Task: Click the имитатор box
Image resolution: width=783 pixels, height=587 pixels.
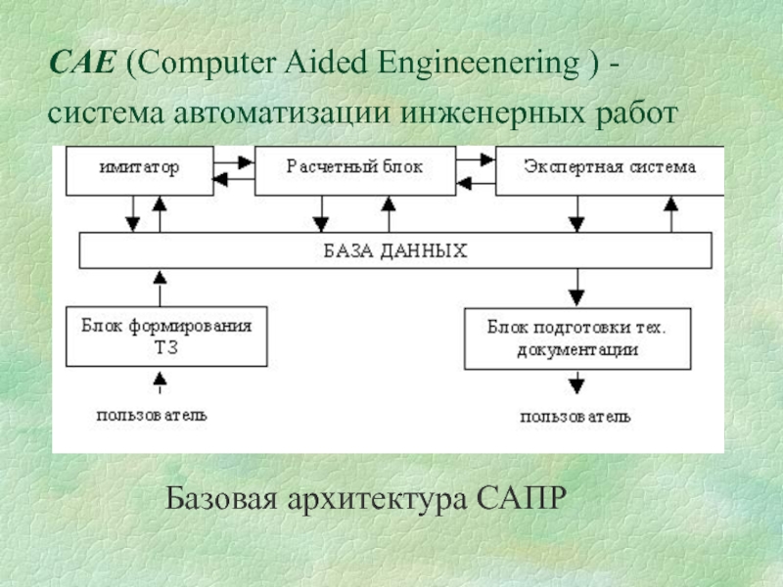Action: (x=138, y=169)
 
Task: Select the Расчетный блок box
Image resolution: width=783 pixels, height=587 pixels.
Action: (x=354, y=168)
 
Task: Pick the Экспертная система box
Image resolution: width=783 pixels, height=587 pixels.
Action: (x=609, y=168)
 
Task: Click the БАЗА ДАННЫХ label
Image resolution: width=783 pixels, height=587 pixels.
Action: (x=395, y=251)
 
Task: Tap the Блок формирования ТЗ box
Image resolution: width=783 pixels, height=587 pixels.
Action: (x=166, y=336)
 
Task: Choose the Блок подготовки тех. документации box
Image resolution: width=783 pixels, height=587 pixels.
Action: (x=576, y=339)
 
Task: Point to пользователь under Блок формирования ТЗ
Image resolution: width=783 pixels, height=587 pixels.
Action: (x=151, y=414)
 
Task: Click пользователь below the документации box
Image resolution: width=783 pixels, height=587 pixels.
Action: (x=576, y=417)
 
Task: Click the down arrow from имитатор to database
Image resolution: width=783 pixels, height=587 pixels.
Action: (x=132, y=213)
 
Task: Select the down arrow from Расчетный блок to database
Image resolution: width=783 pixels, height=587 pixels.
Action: (x=320, y=213)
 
